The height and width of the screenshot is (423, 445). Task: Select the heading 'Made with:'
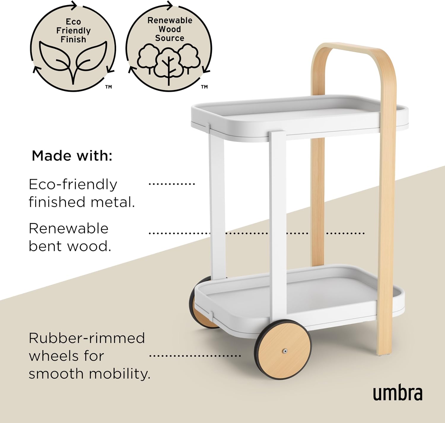pos(72,156)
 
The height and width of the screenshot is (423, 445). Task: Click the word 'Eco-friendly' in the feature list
pos(73,184)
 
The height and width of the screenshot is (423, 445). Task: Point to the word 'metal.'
pos(113,202)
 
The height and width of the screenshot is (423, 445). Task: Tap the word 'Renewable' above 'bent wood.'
pos(69,229)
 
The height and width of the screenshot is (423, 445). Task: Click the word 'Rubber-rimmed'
pos(87,338)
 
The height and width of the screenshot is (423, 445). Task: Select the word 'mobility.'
pos(119,374)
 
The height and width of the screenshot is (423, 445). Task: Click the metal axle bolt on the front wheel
pos(285,351)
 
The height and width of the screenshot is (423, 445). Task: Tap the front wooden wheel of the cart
pos(283,351)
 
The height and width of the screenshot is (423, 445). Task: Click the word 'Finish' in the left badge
pos(73,39)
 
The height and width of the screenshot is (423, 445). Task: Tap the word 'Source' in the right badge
pos(169,38)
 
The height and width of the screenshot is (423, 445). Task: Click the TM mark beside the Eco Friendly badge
pos(109,87)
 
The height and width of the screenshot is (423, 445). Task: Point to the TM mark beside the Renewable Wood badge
pos(204,87)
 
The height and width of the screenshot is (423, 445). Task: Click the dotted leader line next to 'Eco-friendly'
pos(172,184)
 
